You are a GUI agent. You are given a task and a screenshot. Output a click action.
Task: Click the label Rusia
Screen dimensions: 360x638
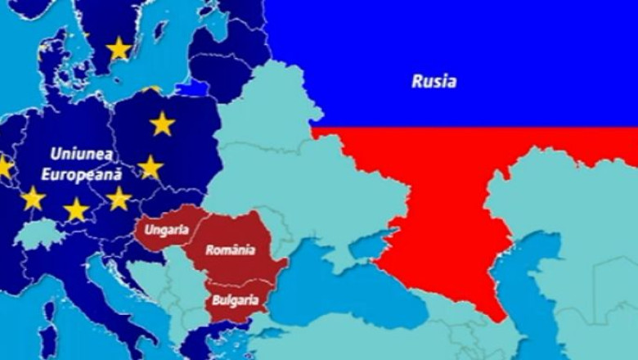434,82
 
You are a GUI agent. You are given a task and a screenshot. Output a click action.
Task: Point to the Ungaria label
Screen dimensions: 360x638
166,229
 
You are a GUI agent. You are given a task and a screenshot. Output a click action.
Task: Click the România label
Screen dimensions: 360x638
230,250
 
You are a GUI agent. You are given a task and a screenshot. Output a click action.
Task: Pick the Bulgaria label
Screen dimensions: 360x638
236,300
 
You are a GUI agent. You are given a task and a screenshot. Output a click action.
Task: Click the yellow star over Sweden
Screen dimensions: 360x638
119,49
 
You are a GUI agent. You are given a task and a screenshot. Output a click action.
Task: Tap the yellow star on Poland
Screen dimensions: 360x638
162,124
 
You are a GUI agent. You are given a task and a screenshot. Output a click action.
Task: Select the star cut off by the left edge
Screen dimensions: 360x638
4,168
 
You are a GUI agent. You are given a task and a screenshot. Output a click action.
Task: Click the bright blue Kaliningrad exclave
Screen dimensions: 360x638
193,87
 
